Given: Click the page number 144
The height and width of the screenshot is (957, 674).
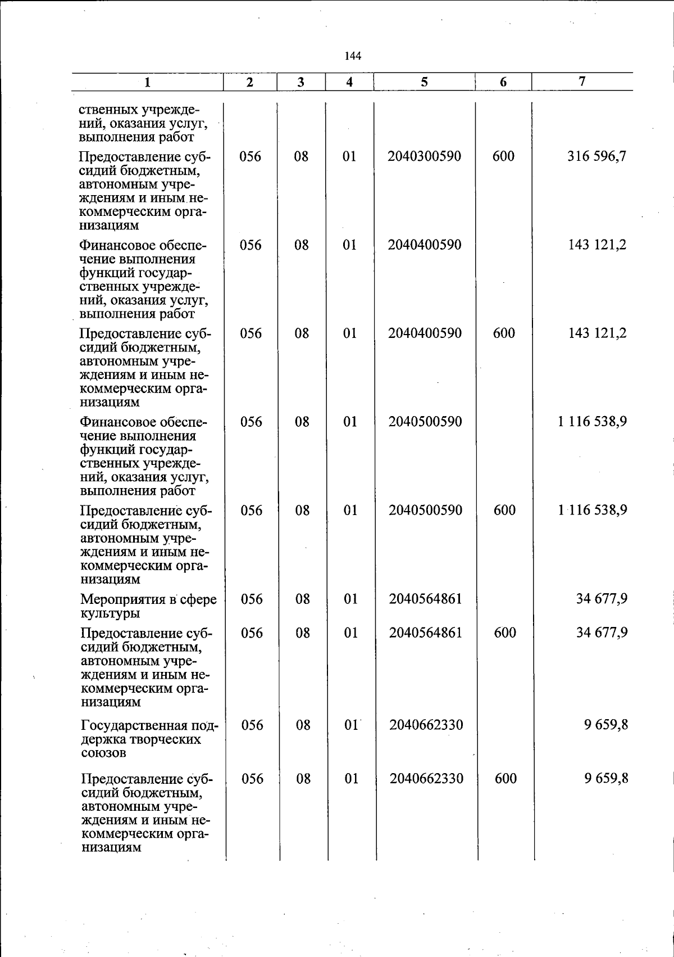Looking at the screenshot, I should tap(353, 56).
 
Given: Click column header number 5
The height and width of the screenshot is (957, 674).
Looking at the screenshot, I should tap(424, 82).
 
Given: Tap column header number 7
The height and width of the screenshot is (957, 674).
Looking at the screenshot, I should tap(582, 82).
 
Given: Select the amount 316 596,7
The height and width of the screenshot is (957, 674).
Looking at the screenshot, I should tap(596, 156).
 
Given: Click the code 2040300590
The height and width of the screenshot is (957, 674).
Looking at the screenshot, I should tap(424, 156).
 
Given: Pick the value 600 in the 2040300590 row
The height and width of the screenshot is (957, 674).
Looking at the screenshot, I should tap(503, 156).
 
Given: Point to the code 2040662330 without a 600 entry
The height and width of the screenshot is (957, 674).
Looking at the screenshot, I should tap(426, 725).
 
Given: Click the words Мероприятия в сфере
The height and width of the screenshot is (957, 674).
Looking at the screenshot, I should tap(148, 599).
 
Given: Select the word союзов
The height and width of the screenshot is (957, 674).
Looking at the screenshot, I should tap(103, 752).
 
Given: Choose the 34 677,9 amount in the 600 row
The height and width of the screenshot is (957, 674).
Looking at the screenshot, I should tap(602, 633).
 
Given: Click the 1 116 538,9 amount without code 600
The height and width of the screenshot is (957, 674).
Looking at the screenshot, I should tap(593, 422).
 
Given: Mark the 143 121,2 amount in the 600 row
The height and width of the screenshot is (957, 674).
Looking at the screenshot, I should tap(597, 333).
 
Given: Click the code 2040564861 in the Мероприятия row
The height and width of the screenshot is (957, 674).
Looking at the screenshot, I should tap(425, 599).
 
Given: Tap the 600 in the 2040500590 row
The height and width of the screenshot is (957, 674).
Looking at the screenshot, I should tap(504, 510).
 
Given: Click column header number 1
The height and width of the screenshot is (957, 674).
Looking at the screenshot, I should tap(147, 83).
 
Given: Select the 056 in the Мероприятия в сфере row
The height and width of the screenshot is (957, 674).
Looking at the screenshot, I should tap(252, 599).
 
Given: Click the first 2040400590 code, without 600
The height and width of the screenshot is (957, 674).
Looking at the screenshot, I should tap(425, 245).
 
